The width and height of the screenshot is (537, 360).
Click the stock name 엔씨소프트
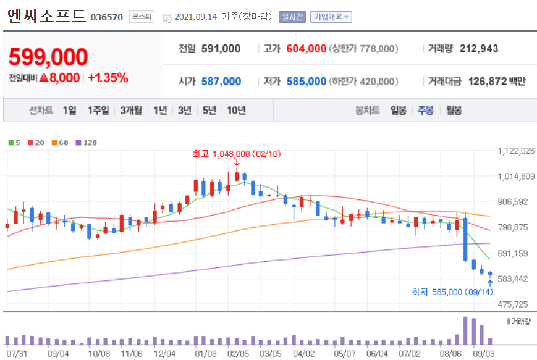click(46, 16)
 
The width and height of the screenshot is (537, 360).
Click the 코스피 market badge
click(142, 17)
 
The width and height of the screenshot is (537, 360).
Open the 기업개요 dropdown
click(331, 17)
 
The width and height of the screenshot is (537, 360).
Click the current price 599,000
click(48, 57)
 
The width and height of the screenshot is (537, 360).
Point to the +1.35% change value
click(108, 78)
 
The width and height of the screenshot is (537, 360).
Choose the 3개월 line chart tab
click(131, 111)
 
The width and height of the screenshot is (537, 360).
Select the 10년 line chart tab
click(236, 111)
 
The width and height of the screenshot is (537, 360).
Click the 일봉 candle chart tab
click(399, 111)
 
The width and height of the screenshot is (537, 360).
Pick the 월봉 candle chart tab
click(454, 111)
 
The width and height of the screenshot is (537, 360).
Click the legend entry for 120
click(87, 143)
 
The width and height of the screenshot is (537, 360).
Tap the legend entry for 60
click(61, 143)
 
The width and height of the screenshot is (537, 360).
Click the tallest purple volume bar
click(465, 330)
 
